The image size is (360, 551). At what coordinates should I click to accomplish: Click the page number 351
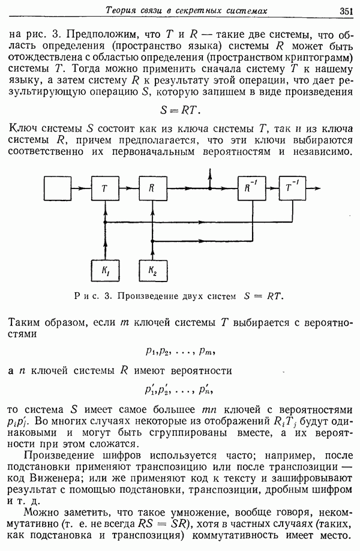pyautogui.click(x=346, y=11)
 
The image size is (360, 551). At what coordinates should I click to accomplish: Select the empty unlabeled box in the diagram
pyautogui.click(x=58, y=188)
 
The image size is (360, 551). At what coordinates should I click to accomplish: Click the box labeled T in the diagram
pyautogui.click(x=105, y=188)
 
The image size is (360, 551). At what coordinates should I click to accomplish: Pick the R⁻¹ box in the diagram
pyautogui.click(x=252, y=188)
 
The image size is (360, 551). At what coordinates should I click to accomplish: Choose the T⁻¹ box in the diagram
pyautogui.click(x=292, y=188)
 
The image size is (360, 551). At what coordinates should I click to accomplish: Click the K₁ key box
pyautogui.click(x=105, y=271)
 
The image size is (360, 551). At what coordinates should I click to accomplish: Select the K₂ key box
pyautogui.click(x=153, y=271)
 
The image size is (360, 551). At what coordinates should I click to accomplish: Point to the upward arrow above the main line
pyautogui.click(x=209, y=178)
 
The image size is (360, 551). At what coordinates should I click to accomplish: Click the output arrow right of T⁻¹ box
pyautogui.click(x=313, y=188)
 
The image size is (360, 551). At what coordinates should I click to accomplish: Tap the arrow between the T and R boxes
pyautogui.click(x=129, y=188)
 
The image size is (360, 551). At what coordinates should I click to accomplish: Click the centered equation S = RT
pyautogui.click(x=180, y=110)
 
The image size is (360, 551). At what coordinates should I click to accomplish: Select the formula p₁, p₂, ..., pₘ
pyautogui.click(x=180, y=351)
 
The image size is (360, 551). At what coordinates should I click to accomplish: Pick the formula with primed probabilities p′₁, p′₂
pyautogui.click(x=179, y=390)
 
